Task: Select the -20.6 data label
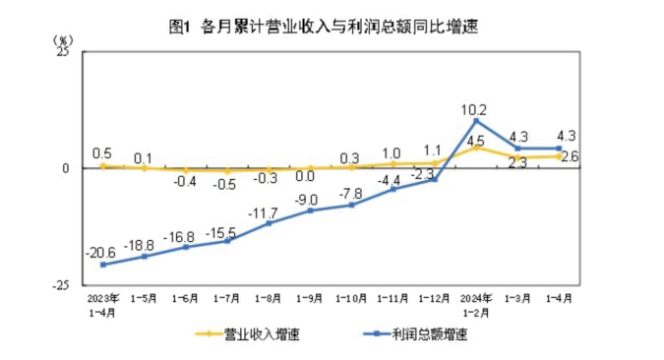(x=101, y=253)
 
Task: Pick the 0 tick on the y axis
(x=66, y=168)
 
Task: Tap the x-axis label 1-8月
(x=269, y=296)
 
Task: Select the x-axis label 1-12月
(x=434, y=296)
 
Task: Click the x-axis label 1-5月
(x=145, y=296)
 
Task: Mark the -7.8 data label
(x=351, y=193)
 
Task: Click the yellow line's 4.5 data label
(x=475, y=141)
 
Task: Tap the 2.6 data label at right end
(x=569, y=156)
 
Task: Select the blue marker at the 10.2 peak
(x=476, y=121)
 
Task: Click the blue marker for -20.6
(x=102, y=264)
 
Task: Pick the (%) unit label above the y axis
(x=63, y=39)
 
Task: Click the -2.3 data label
(x=423, y=173)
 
